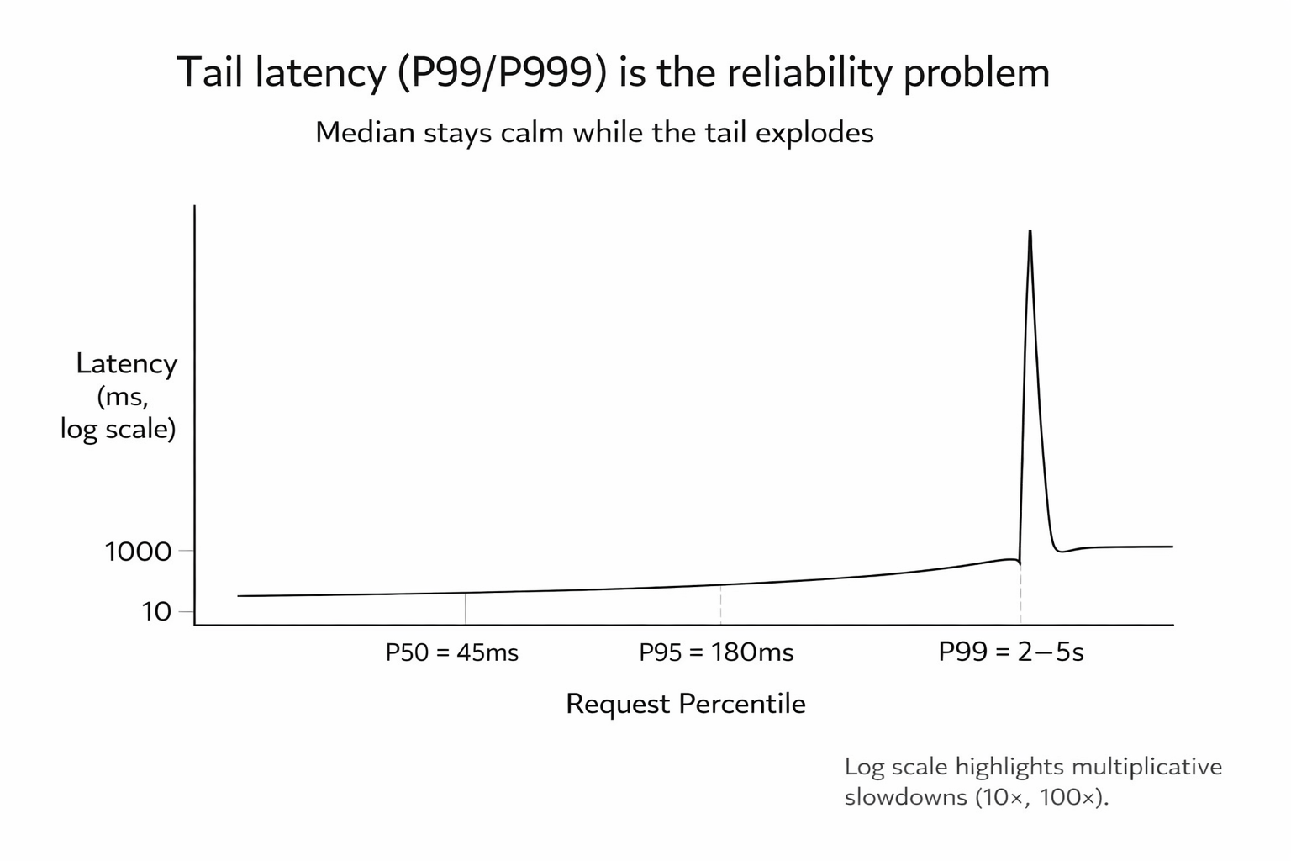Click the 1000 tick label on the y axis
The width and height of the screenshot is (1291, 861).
point(138,552)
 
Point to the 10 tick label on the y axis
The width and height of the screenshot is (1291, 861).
point(156,611)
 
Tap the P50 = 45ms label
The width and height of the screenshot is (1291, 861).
point(452,652)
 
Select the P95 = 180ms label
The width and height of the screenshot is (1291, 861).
point(716,652)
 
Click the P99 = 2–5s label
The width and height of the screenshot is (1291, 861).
point(1011,652)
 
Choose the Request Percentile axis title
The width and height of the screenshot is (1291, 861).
point(686,704)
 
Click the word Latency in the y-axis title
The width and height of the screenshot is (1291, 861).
point(127,363)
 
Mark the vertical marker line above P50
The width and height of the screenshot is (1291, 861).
point(465,608)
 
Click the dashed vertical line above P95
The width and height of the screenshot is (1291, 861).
point(720,605)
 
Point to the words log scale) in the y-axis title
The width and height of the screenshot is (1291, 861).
point(118,429)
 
